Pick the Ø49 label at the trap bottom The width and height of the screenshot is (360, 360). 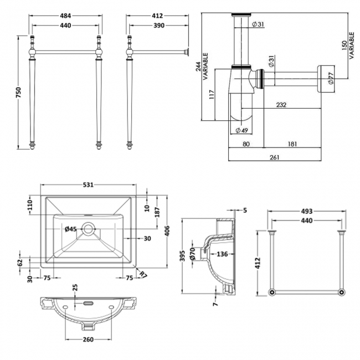tap(241, 130)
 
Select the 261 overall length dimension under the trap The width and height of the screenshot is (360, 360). tap(275, 157)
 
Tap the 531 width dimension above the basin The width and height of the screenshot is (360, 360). tap(88, 184)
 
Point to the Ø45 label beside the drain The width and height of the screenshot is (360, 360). tap(70, 229)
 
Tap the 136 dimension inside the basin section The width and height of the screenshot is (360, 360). tap(222, 254)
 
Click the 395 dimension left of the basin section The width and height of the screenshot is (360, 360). tap(182, 254)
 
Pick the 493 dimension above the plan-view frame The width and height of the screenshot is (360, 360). tap(307, 211)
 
